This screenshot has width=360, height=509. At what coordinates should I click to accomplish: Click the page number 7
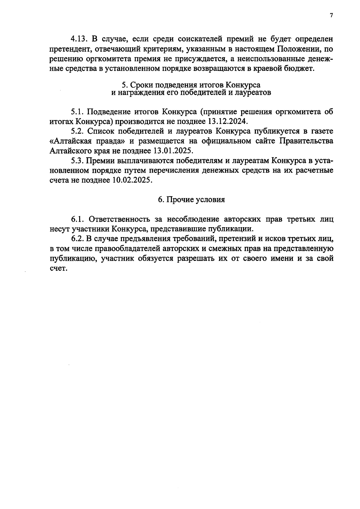[331, 16]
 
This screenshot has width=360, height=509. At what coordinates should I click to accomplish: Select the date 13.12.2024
[227, 122]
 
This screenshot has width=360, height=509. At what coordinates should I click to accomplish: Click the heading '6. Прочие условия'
[191, 200]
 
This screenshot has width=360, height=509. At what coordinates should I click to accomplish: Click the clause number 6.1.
[77, 219]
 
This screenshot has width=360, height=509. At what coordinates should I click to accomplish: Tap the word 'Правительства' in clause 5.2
[306, 141]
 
